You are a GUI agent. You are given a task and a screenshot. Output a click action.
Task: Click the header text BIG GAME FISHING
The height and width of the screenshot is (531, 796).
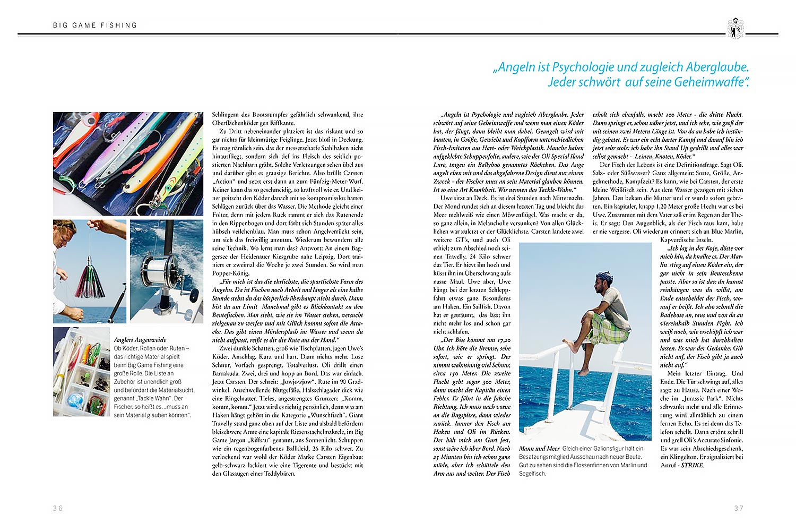point(95,25)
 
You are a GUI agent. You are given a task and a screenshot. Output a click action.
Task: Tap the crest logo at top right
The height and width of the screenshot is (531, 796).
point(736,28)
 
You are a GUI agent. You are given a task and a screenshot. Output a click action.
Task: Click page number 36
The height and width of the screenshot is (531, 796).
point(58,508)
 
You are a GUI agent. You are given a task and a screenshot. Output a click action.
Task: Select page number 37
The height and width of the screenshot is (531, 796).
point(739,508)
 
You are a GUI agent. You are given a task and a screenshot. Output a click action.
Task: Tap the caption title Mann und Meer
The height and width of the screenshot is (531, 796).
point(539,449)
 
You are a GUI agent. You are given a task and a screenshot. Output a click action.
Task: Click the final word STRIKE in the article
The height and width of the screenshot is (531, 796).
point(693,465)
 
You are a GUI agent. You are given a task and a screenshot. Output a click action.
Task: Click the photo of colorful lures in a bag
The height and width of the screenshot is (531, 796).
point(128,163)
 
